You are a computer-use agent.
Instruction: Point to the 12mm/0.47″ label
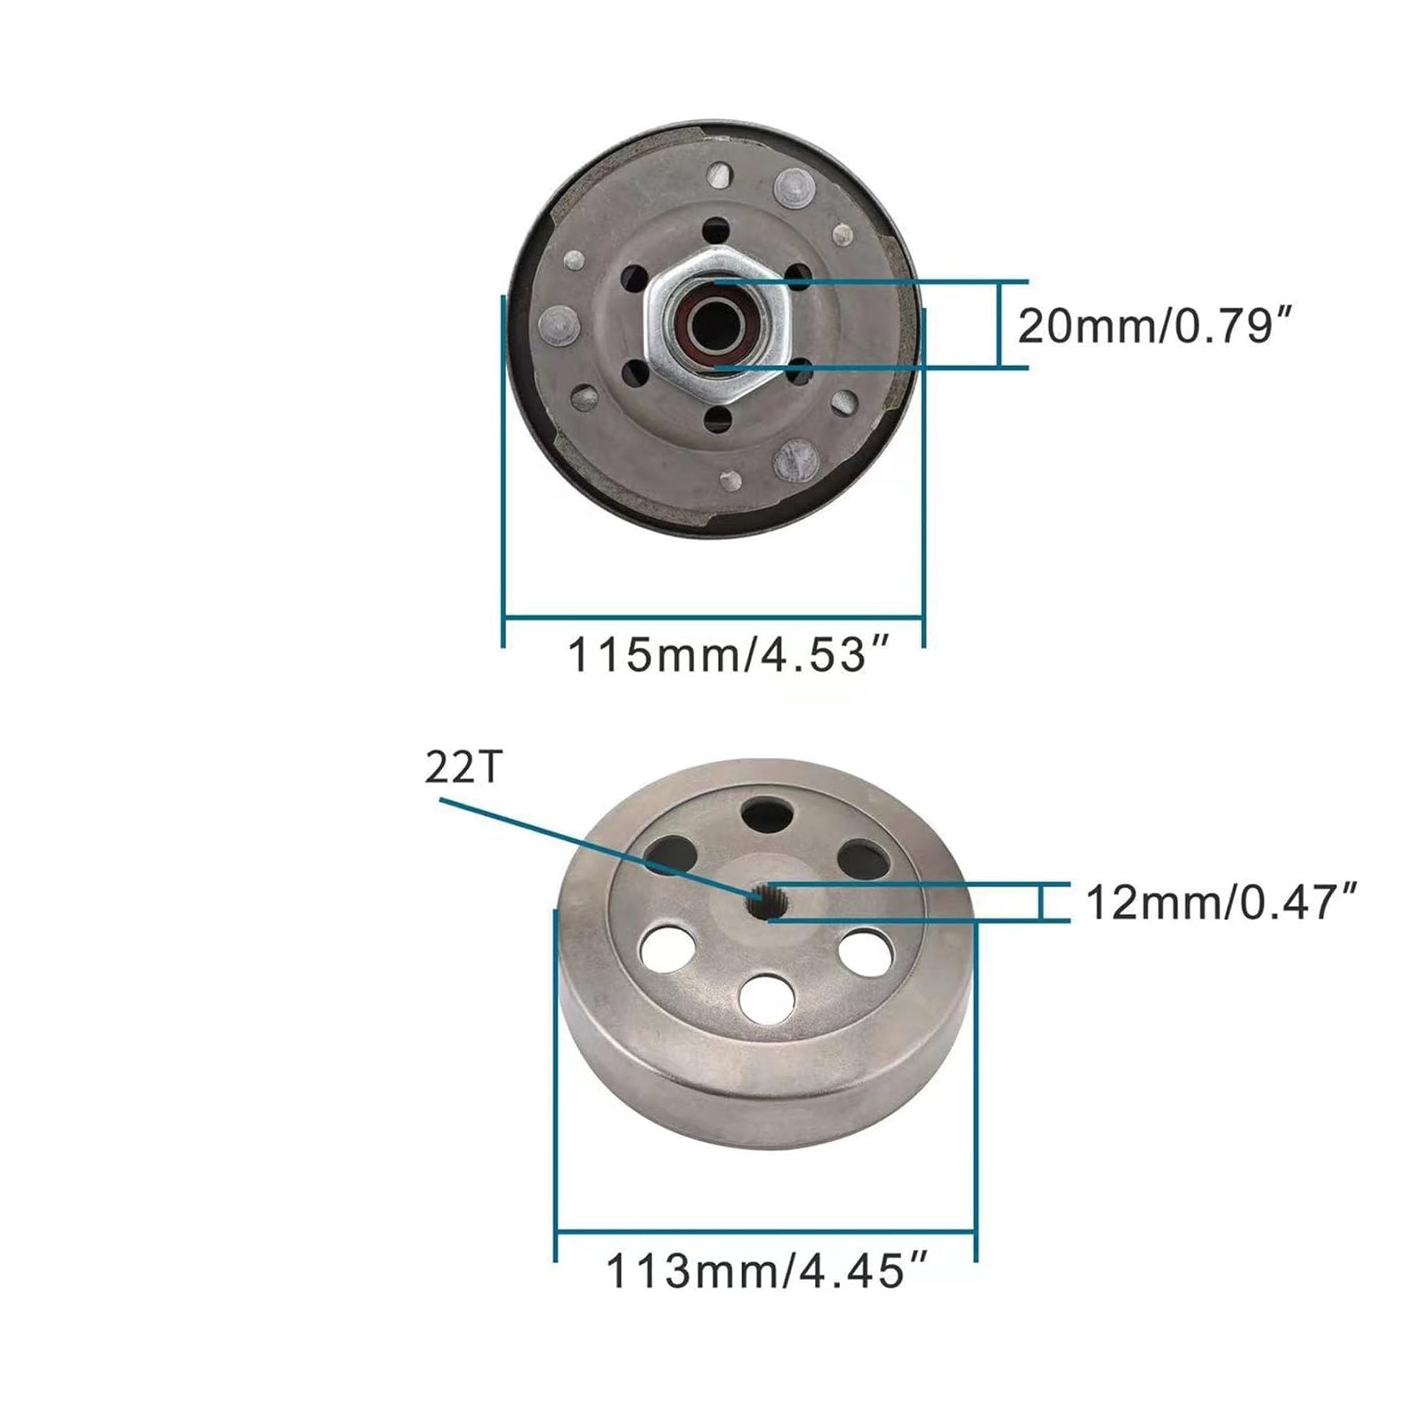pos(1221,903)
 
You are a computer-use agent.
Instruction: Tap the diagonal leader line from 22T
pos(596,846)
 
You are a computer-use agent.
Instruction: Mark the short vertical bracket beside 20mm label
pos(1000,324)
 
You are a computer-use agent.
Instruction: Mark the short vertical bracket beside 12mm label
pos(1041,902)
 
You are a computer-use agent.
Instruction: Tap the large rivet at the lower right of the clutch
pos(796,462)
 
